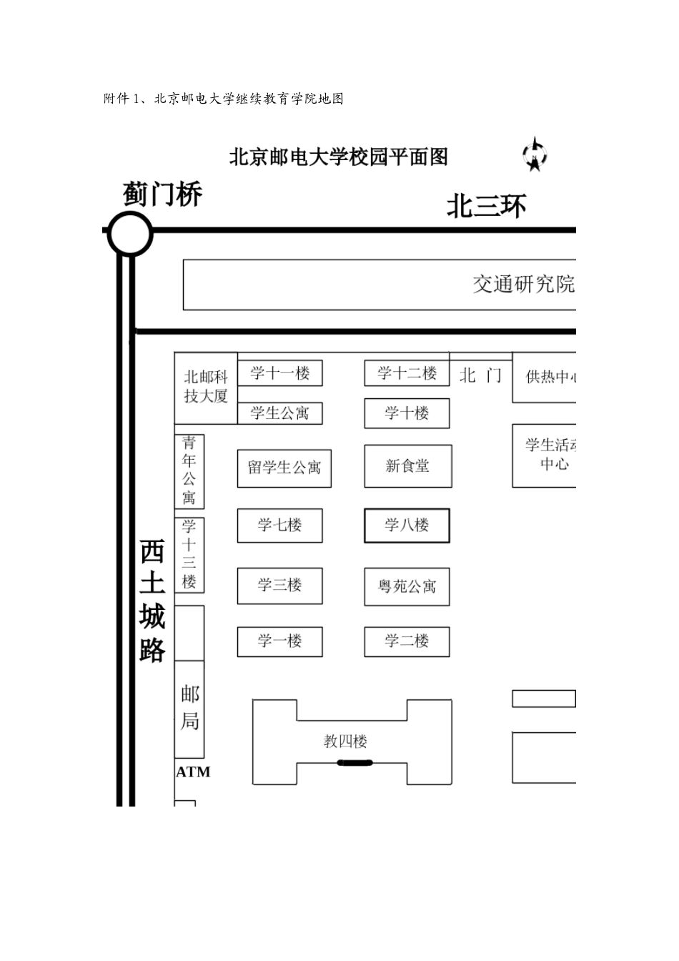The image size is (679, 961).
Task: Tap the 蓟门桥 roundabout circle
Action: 130,234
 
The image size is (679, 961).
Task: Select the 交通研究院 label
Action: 523,285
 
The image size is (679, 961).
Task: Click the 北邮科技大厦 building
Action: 206,387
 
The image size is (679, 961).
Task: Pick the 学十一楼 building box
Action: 279,373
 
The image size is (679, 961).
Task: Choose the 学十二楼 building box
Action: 407,373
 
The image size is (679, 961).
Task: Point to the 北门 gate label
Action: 480,375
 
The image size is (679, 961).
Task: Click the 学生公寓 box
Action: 279,413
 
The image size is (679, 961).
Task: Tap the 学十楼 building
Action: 407,413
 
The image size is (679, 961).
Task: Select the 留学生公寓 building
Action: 284,468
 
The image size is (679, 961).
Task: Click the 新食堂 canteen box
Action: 407,466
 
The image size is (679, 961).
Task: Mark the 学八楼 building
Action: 407,526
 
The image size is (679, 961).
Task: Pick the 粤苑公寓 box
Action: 407,586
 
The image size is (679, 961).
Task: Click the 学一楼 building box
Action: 279,641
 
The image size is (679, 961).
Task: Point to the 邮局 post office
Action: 189,707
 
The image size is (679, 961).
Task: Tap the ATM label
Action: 193,772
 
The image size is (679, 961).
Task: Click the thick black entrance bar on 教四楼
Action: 355,763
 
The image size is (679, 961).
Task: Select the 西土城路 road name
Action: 152,601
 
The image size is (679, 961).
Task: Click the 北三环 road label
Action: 486,207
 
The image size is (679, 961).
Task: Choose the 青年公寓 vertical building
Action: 189,470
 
